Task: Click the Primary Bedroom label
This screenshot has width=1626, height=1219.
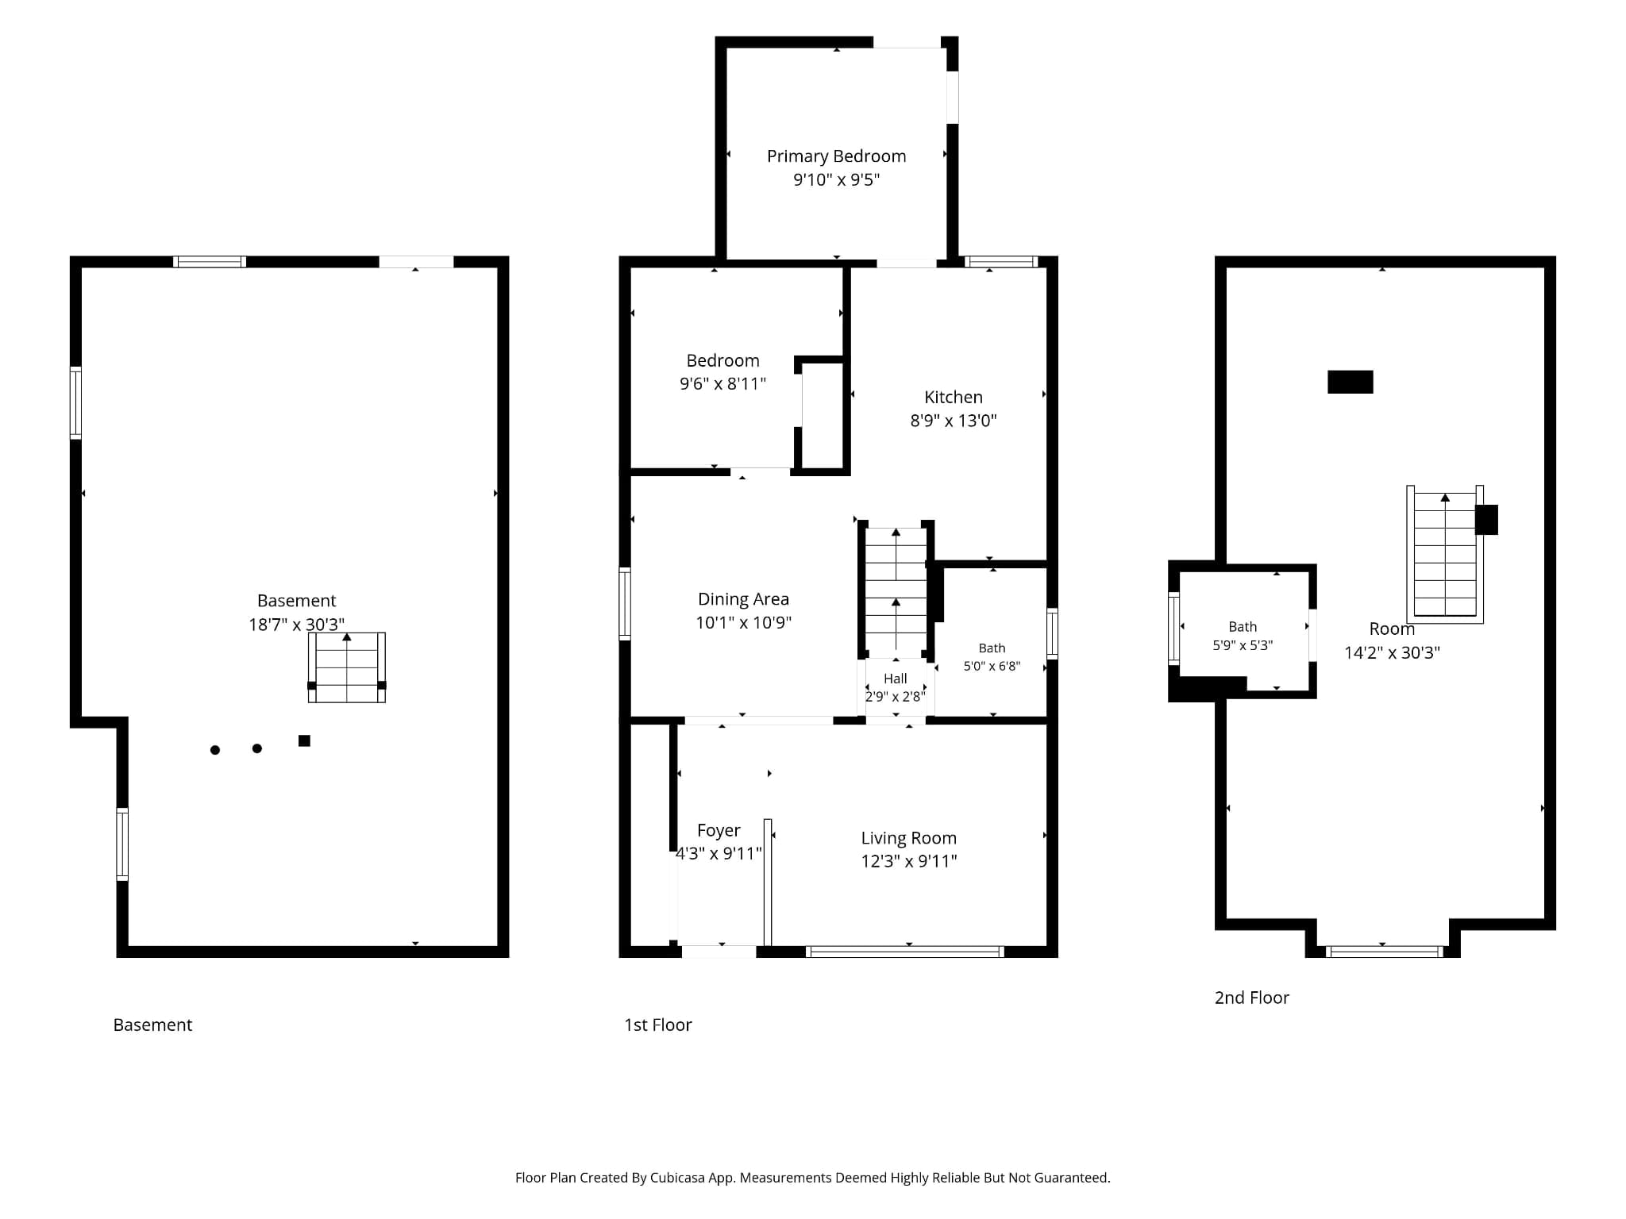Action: point(836,156)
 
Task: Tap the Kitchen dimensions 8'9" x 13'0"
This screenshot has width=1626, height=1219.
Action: point(953,421)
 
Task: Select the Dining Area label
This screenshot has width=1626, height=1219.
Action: point(743,599)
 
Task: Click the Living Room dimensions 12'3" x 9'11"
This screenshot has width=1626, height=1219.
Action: point(909,861)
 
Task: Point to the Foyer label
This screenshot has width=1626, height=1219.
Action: point(719,831)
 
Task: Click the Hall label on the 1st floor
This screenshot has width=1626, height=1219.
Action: point(896,679)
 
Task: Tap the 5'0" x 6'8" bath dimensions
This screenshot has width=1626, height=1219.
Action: point(992,666)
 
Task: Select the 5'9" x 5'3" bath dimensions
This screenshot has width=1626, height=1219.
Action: point(1243,645)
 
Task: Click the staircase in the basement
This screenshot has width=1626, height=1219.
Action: point(347,667)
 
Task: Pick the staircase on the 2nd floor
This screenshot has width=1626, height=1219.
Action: point(1445,554)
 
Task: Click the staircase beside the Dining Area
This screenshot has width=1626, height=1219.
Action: point(896,591)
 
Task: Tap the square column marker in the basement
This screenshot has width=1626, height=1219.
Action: point(304,740)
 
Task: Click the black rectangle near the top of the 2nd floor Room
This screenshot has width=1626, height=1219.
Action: point(1351,382)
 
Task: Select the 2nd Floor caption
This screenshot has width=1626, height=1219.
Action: point(1251,998)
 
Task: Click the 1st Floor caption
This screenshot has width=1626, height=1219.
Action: point(658,1025)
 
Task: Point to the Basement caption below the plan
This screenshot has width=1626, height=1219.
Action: point(152,1025)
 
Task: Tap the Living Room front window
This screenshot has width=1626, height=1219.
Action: point(905,952)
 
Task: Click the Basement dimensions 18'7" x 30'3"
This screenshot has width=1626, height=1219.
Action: point(296,625)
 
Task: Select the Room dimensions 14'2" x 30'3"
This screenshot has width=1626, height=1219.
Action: point(1392,652)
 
